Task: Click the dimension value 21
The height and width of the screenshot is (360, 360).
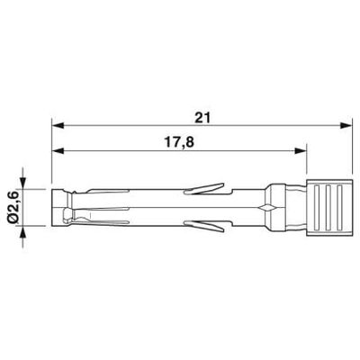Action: click(x=202, y=118)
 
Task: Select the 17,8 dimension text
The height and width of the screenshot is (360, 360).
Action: click(x=179, y=142)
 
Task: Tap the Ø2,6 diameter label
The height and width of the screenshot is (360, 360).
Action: click(x=14, y=208)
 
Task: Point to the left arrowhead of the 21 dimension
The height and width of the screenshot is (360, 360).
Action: click(x=58, y=126)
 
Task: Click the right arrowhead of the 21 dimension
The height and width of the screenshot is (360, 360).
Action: click(x=345, y=126)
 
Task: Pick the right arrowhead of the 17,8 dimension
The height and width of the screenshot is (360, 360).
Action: click(x=301, y=151)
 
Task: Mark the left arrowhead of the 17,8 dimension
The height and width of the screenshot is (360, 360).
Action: click(x=58, y=151)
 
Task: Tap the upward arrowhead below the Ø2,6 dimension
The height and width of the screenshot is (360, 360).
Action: click(x=22, y=231)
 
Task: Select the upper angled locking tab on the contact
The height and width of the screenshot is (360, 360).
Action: click(x=204, y=189)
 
